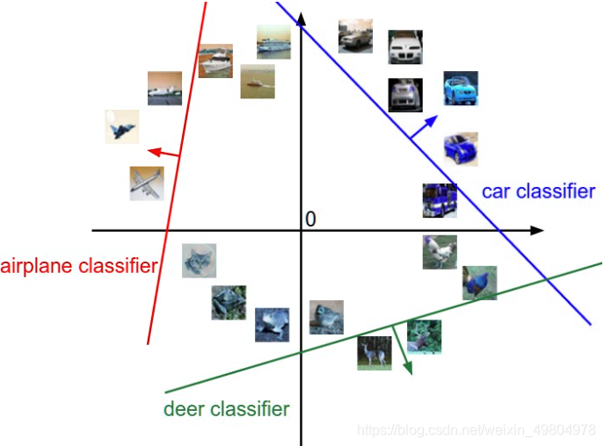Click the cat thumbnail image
click(200, 261)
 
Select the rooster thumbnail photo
click(439, 252)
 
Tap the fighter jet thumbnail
click(121, 126)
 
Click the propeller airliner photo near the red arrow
click(147, 183)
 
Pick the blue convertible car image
click(460, 89)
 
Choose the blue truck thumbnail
click(439, 200)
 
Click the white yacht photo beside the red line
click(215, 61)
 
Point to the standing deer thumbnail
click(374, 352)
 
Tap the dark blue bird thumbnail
click(479, 283)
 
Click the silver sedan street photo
click(355, 37)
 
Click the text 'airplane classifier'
click(79, 265)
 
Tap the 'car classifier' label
click(537, 191)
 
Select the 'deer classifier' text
click(226, 409)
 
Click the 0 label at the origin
click(309, 219)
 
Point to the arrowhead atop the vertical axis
click(301, 18)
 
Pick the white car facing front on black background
click(404, 47)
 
